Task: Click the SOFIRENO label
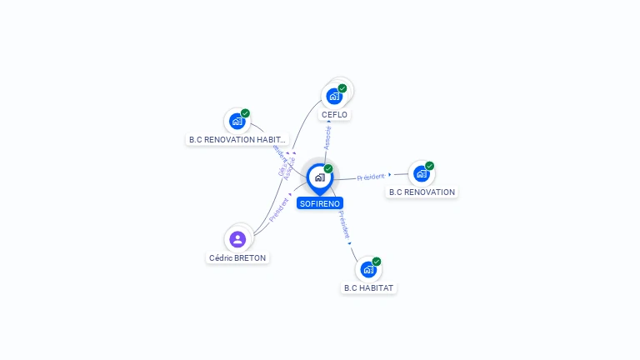pos(320,203)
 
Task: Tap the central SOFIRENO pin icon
pos(319,177)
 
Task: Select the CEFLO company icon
pos(334,96)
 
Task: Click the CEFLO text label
pos(334,115)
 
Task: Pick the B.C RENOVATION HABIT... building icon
pos(237,121)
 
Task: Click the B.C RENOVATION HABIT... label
pos(237,140)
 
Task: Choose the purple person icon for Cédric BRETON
pos(237,239)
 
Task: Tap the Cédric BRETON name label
pos(237,258)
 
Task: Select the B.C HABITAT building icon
pos(368,269)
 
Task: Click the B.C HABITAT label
pos(369,288)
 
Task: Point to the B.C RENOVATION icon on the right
pos(421,173)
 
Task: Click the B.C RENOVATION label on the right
pos(422,192)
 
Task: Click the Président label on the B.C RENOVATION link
pos(371,177)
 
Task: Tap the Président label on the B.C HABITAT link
pos(344,225)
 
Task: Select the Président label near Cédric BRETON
pos(278,208)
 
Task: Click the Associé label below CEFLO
pos(327,138)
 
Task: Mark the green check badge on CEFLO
pos(342,88)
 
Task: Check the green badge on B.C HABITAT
pos(377,262)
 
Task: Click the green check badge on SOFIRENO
pos(328,169)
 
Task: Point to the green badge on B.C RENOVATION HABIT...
pos(245,113)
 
